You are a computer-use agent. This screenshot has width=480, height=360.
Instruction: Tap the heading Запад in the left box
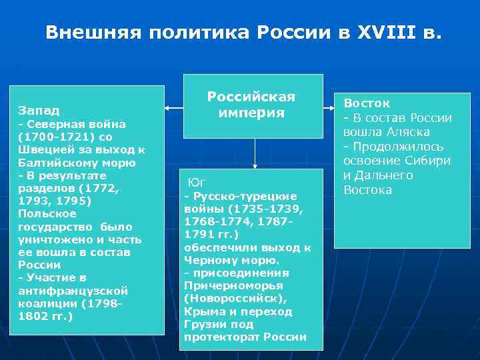(x=39, y=109)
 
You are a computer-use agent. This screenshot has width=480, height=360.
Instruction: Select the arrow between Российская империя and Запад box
(x=175, y=106)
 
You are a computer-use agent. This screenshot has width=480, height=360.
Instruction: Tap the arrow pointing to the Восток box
(x=328, y=106)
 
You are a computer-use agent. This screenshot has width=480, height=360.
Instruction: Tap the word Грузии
(x=203, y=325)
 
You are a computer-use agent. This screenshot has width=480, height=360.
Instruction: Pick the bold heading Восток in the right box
(x=367, y=103)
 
